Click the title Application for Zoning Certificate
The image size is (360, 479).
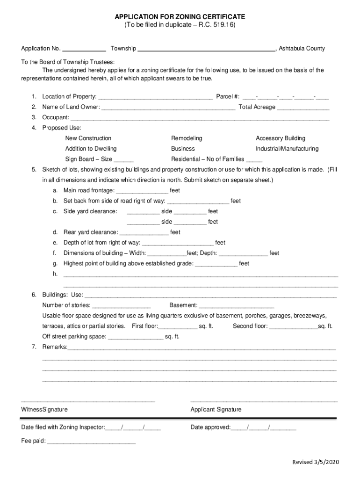click(180, 17)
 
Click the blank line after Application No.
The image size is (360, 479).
click(84, 49)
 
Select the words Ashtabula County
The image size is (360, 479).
click(302, 49)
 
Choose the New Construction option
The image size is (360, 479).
click(88, 138)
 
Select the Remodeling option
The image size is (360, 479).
click(187, 138)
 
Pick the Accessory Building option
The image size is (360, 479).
click(281, 138)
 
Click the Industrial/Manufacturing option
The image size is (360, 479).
click(287, 149)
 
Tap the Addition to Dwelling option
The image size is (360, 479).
click(91, 149)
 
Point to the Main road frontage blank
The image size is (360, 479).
click(142, 191)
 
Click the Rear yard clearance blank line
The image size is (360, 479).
click(144, 233)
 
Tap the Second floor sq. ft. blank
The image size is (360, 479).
click(294, 327)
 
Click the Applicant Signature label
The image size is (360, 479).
click(216, 410)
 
